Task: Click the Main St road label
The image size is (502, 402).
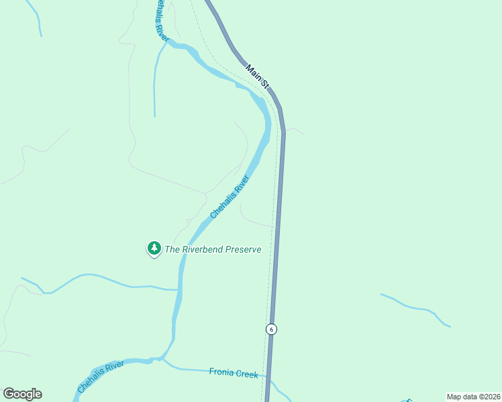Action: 257,76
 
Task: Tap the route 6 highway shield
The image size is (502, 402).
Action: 271,329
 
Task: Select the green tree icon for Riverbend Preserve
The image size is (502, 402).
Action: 154,249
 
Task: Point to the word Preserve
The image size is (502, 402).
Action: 243,249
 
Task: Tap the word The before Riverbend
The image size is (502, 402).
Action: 172,249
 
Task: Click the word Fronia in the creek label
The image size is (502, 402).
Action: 221,373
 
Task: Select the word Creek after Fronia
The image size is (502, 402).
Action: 246,374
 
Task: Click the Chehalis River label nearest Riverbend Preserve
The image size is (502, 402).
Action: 229,198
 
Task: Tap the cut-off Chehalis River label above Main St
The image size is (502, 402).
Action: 159,20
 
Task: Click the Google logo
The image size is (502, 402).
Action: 22,394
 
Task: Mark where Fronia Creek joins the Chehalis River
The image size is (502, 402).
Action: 162,360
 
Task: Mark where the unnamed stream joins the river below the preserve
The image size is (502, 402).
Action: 179,289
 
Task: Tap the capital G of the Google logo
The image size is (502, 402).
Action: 9,394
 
